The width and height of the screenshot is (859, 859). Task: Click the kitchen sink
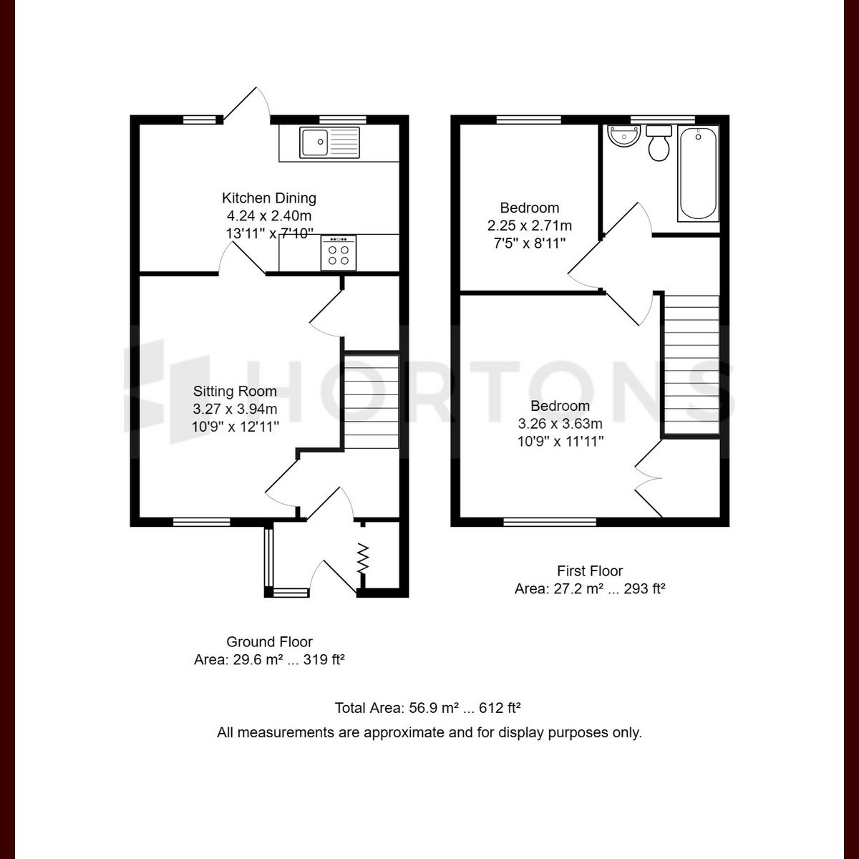pos(330,142)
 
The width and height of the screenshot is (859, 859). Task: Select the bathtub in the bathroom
pos(698,174)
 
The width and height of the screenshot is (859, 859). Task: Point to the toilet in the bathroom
pos(659,143)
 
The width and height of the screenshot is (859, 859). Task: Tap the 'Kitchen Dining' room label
pos(268,198)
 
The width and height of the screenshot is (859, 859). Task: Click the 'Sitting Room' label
pos(235,391)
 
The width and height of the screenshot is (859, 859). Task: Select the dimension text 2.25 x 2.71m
pos(529,225)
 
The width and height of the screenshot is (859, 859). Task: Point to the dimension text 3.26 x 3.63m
pos(560,424)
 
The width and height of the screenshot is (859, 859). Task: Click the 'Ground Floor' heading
pos(269,642)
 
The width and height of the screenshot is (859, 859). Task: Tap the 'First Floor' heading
pos(590,571)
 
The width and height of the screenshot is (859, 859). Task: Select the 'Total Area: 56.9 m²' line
pos(427,709)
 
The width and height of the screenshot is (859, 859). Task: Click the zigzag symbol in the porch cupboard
pos(363,558)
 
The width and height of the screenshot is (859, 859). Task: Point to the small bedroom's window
pos(529,120)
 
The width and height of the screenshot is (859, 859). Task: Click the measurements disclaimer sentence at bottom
pos(429,733)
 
